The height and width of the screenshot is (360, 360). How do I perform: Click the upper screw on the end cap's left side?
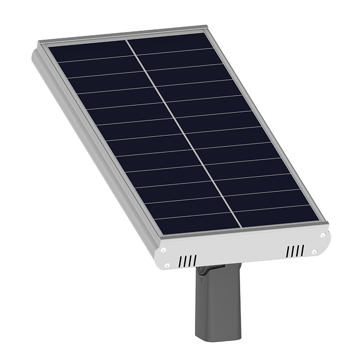click(163, 250)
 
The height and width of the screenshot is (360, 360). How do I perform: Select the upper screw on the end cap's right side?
click(323, 235)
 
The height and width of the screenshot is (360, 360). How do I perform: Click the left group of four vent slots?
click(187, 261)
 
